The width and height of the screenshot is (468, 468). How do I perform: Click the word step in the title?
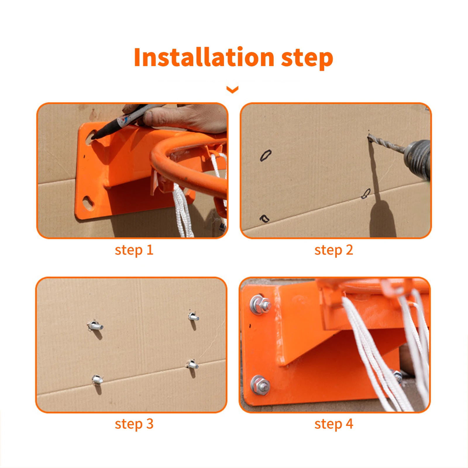point(307,58)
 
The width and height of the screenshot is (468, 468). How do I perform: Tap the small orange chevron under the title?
point(233,90)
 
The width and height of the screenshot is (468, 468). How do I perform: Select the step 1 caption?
point(134,250)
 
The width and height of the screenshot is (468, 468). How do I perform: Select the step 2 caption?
point(334,250)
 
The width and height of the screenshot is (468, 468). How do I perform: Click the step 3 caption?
point(134,424)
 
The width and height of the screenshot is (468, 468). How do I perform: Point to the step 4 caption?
point(334,424)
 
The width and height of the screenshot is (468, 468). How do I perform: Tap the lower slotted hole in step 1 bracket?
point(88,202)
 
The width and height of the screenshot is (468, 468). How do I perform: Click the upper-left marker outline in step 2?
point(266,155)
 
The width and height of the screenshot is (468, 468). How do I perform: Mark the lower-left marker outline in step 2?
point(264,218)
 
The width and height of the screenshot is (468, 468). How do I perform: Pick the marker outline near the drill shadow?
point(366,193)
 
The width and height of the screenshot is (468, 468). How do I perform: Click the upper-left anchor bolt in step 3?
point(95,325)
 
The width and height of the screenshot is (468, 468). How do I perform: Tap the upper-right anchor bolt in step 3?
point(193,317)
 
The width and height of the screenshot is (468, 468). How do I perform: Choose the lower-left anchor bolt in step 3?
point(97,380)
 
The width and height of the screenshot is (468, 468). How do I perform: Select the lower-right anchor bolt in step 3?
point(192,364)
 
